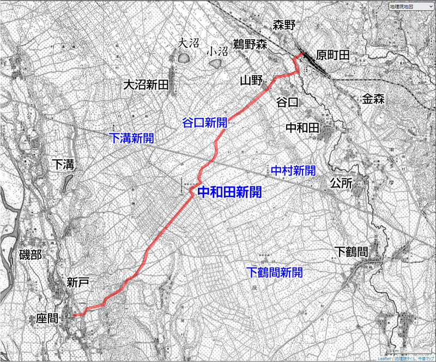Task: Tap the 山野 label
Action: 251,81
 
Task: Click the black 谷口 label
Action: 288,102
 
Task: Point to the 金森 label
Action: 374,99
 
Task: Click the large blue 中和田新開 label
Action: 228,192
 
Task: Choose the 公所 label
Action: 342,184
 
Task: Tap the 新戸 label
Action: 78,282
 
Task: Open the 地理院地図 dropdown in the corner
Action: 408,7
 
